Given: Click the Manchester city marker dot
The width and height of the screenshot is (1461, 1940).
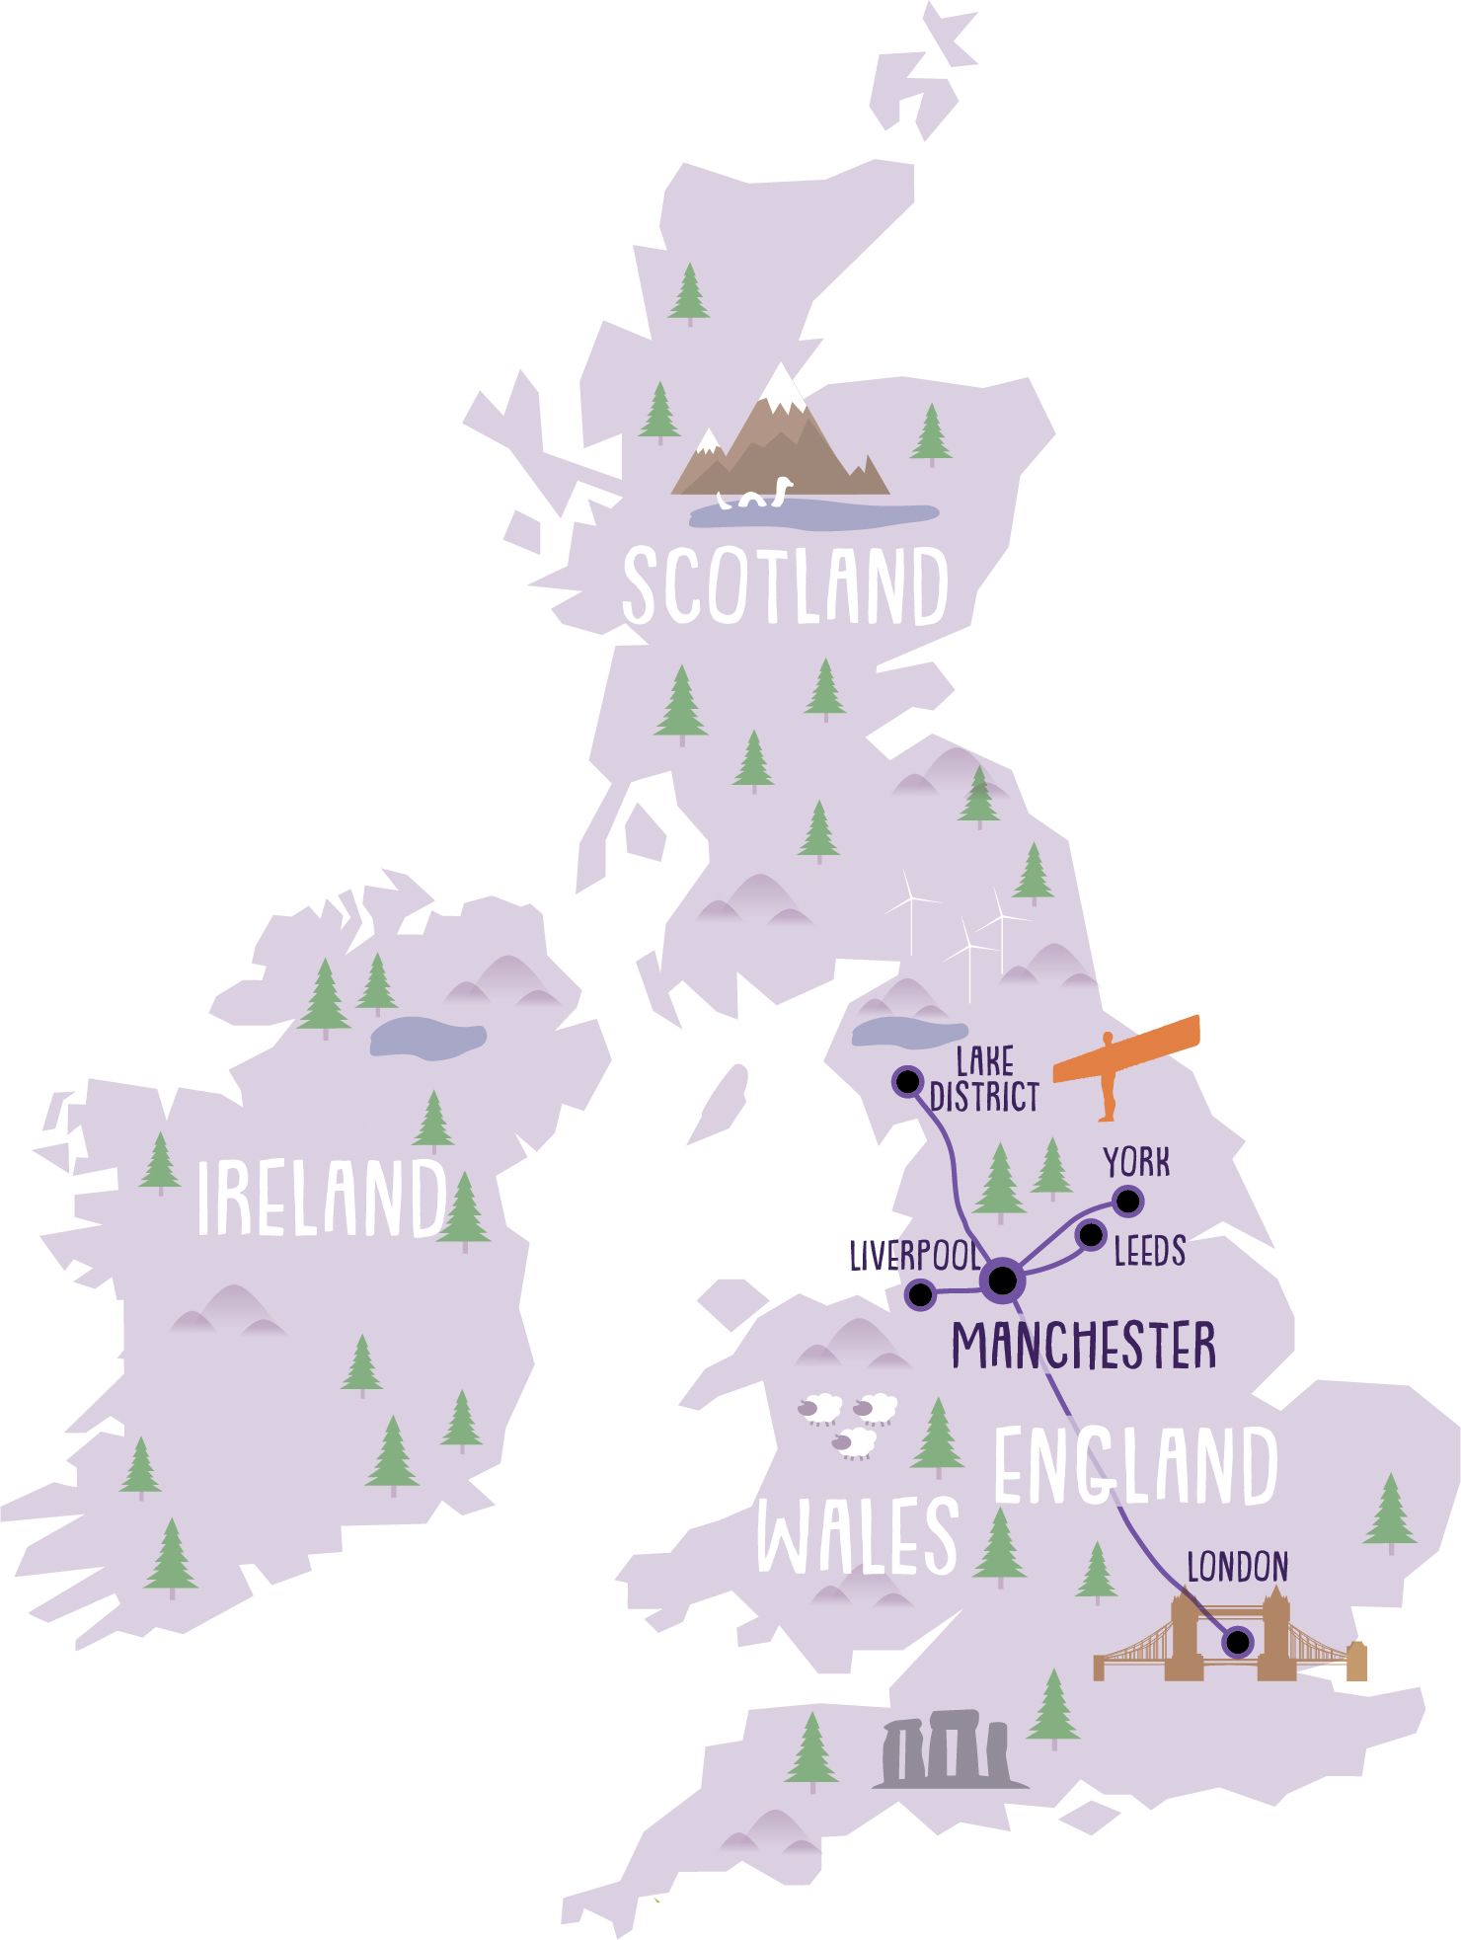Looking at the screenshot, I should pos(1002,1280).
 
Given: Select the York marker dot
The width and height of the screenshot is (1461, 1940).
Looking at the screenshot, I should pos(1127,1202).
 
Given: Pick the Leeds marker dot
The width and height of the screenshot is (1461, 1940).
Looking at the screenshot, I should pos(1091,1235).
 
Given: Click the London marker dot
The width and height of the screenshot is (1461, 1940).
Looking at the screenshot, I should pos(1236,1642).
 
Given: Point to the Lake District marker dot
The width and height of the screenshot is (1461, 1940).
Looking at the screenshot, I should pos(906,1080).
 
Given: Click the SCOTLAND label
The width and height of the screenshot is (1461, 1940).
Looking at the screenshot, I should pos(785,587).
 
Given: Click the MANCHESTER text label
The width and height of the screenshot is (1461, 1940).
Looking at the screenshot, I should pos(1083,1345).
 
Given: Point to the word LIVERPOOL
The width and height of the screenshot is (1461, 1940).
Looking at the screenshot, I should pos(914,1257).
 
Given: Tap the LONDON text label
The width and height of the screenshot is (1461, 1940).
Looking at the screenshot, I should pos(1237,1567).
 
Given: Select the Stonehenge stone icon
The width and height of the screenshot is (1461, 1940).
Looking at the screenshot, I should pos(948,1754).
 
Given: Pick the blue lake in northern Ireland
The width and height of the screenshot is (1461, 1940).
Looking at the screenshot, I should pos(426,1036).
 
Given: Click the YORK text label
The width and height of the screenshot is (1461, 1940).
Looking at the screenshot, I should pos(1136,1163).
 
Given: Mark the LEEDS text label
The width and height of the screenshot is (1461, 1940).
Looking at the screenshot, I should pos(1148,1252).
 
